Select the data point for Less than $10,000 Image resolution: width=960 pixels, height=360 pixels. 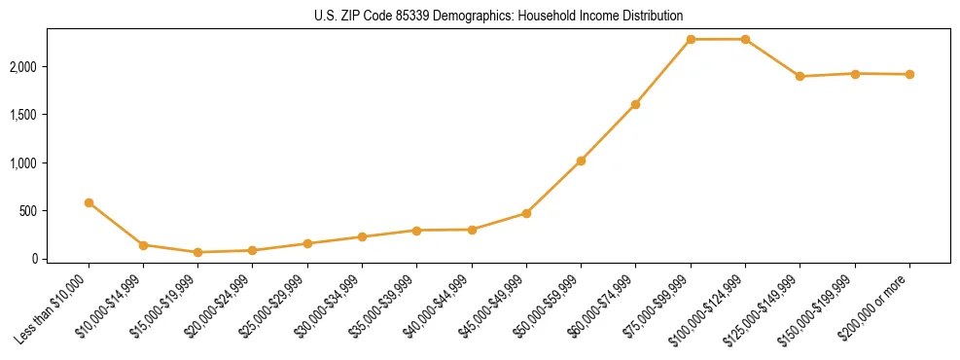[x=89, y=202]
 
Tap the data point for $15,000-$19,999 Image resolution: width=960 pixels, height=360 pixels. [x=198, y=252]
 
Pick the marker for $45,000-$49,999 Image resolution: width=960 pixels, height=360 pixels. [x=526, y=213]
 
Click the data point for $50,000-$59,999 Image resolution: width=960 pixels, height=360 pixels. [x=581, y=161]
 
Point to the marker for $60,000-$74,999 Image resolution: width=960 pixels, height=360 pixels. [x=635, y=104]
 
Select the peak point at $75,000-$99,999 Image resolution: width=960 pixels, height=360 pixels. [x=691, y=39]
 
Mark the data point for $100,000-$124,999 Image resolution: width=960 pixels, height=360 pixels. [x=745, y=39]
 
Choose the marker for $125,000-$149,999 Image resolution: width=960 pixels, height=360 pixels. [x=800, y=76]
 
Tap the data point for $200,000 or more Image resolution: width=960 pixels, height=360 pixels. [x=909, y=74]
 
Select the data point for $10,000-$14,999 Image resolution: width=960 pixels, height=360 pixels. [x=143, y=245]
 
